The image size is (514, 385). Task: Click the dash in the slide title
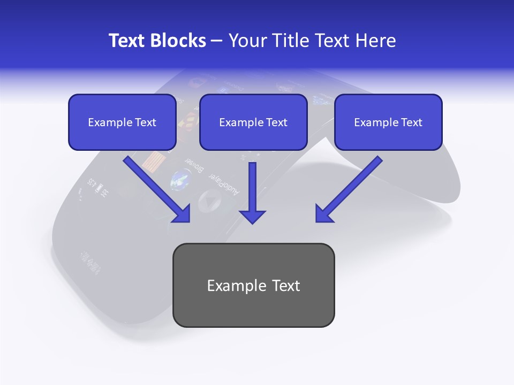click(217, 41)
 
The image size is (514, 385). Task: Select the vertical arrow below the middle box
click(252, 192)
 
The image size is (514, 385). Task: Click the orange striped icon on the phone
click(155, 161)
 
